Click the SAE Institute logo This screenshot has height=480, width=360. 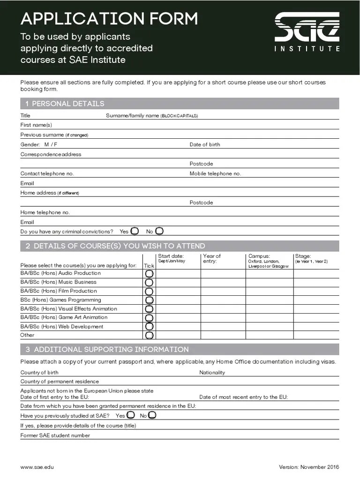307,32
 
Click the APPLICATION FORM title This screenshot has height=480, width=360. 109,19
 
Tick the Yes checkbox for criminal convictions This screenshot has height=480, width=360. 135,231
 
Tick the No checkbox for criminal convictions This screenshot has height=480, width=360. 159,231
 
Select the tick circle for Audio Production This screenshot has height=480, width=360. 149,274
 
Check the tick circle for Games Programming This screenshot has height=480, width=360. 149,300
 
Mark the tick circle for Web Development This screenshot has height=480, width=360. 149,327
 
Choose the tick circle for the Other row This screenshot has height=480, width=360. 149,336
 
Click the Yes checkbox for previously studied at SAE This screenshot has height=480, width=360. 131,415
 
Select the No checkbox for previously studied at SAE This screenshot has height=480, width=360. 152,415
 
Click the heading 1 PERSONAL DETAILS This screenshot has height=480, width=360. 65,104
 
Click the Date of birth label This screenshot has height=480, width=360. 204,145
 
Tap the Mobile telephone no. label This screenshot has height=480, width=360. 215,174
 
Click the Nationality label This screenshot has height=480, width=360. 212,373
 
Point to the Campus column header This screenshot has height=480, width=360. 259,256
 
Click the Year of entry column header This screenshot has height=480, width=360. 212,259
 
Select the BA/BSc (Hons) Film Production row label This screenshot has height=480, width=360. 59,291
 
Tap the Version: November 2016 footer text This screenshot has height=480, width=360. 309,467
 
